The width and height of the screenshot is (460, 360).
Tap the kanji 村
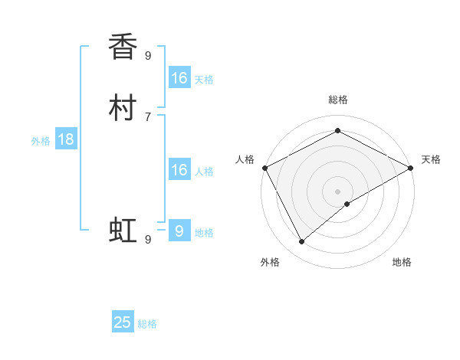point(123,107)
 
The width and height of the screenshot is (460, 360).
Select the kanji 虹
point(123,230)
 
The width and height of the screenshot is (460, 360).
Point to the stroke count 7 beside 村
point(148,116)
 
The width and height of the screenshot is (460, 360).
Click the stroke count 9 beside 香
point(148,55)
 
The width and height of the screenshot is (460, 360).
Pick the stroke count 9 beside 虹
point(148,240)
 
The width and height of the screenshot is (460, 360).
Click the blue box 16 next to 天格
point(179,78)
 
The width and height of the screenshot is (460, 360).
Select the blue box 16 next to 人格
point(179,170)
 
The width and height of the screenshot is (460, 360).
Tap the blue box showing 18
point(66,139)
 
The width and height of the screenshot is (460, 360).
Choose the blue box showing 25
point(123,322)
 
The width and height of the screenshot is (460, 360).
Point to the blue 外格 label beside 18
point(41,140)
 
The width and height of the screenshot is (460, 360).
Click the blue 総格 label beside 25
point(147,324)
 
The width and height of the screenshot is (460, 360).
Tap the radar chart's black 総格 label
point(338,100)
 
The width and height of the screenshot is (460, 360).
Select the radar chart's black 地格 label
point(402,262)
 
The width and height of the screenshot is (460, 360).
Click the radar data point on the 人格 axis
point(264,168)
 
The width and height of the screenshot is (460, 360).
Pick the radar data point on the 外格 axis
point(302,242)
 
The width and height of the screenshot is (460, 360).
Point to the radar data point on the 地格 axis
point(347,204)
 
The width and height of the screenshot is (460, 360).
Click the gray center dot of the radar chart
point(338,191)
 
